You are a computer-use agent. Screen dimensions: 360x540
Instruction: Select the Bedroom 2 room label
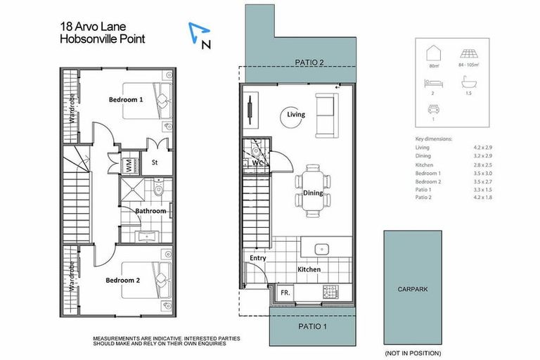(x=123, y=280)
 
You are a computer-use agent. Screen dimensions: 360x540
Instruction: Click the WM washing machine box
(x=129, y=167)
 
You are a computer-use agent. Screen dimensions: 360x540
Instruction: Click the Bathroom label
(x=150, y=211)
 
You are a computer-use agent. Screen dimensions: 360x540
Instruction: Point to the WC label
(x=257, y=163)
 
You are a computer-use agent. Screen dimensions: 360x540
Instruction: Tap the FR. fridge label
(x=285, y=291)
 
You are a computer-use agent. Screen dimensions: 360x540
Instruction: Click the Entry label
(x=258, y=258)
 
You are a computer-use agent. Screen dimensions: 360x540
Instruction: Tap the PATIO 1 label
(x=312, y=327)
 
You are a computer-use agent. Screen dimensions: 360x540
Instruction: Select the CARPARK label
(x=413, y=288)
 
